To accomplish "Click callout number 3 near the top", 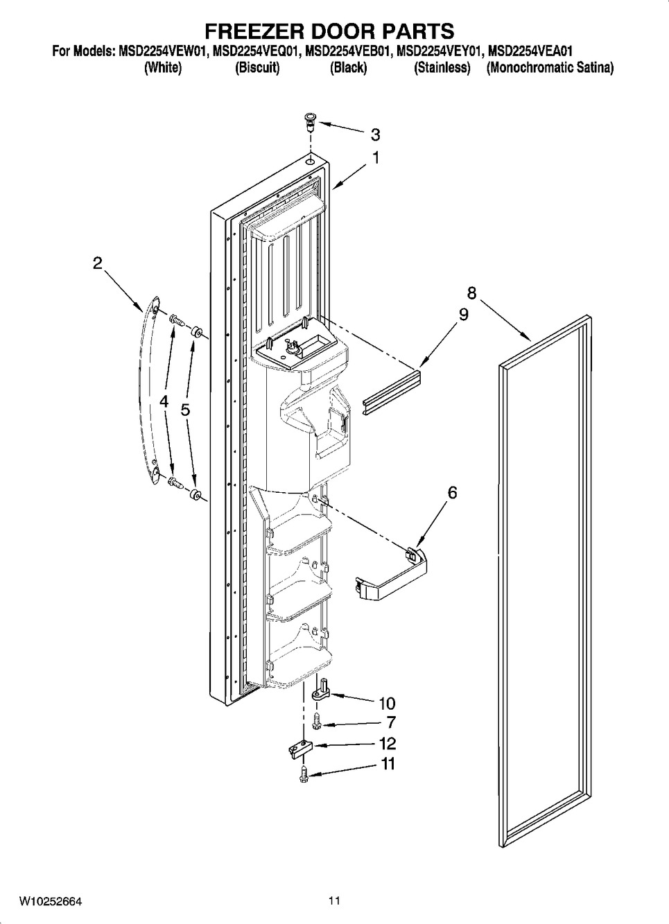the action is click(x=375, y=134).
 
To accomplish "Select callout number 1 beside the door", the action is click(x=375, y=158).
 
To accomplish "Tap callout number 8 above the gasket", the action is click(x=472, y=293).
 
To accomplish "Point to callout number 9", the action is click(x=463, y=315).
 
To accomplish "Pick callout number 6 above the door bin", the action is click(x=453, y=493).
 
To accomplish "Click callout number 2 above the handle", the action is click(x=97, y=263).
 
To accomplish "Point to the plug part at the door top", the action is click(x=310, y=122).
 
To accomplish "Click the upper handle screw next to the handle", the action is click(x=177, y=320).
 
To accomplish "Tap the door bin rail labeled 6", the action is click(x=391, y=573).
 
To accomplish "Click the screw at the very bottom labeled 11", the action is click(x=305, y=774).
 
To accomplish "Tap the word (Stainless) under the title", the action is click(x=442, y=67).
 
